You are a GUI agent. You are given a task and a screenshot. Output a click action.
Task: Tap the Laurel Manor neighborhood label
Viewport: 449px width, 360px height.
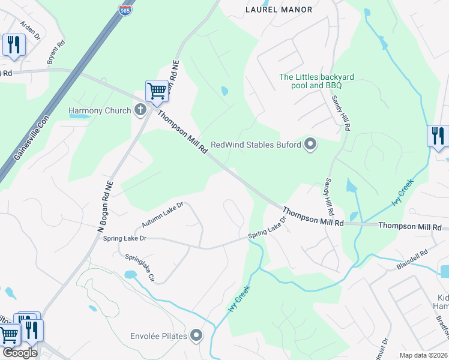pyautogui.click(x=279, y=10)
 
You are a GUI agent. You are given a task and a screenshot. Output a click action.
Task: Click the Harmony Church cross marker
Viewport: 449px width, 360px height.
pyautogui.click(x=140, y=110)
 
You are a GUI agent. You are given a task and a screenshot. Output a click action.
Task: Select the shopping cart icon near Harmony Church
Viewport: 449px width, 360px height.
pyautogui.click(x=157, y=91)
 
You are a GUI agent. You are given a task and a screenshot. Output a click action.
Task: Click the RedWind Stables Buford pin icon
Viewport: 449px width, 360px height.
pyautogui.click(x=310, y=144)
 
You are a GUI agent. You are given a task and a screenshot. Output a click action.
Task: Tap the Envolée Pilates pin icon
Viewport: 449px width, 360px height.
pyautogui.click(x=196, y=335)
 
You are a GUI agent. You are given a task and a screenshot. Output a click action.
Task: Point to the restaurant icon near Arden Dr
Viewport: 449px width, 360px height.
pyautogui.click(x=13, y=44)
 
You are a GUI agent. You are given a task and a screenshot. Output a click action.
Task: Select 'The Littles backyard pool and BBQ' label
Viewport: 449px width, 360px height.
pyautogui.click(x=317, y=81)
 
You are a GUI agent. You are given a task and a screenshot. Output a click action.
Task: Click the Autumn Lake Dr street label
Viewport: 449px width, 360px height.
pyautogui.click(x=162, y=215)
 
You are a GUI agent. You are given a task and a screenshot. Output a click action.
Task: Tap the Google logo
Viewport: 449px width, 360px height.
pyautogui.click(x=20, y=353)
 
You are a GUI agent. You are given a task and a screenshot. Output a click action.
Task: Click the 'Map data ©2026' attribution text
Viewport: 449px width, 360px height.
pyautogui.click(x=423, y=355)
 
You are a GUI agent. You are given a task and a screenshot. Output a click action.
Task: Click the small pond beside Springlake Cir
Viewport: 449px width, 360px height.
pyautogui.click(x=130, y=275)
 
